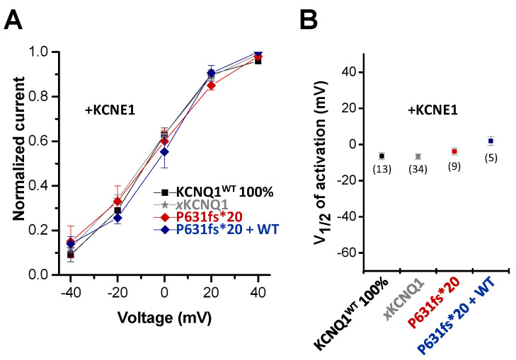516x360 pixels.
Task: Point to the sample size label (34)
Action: coord(418,168)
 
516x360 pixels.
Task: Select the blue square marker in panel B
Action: coord(491,141)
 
